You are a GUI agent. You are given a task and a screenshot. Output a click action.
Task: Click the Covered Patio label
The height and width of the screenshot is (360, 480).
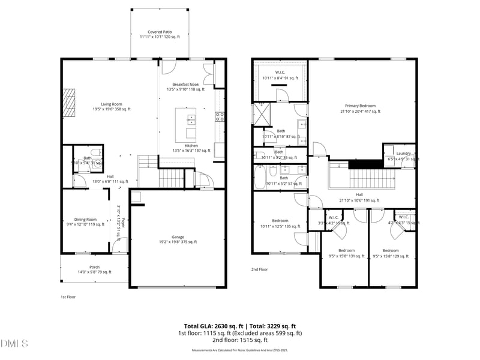[159, 34]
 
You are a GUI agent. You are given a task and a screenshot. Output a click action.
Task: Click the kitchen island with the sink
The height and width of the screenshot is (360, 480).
[186, 123]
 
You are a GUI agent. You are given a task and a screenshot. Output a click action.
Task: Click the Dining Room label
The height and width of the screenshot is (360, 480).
[84, 222]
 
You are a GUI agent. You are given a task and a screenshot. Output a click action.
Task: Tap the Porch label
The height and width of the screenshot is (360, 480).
[94, 269]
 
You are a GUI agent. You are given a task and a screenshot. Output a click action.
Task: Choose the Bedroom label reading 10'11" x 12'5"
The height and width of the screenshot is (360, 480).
[280, 223]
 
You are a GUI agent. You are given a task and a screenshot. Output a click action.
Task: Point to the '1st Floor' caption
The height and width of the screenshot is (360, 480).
[68, 296]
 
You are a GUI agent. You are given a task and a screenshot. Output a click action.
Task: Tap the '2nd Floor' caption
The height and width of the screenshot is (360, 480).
[259, 269]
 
